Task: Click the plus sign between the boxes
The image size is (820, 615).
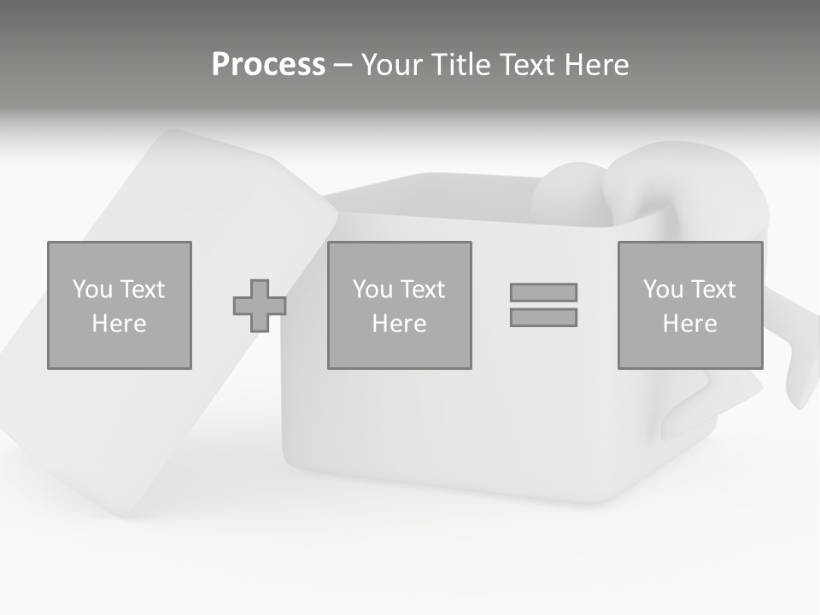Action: coord(260,306)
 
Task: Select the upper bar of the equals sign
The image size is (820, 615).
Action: coord(543,292)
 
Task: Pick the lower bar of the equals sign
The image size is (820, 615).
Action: coord(543,318)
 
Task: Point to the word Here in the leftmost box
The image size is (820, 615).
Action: coord(120,324)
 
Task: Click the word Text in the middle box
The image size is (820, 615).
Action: coord(422,290)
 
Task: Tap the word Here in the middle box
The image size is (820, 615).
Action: coord(400,324)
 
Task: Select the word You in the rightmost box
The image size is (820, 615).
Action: coord(664,290)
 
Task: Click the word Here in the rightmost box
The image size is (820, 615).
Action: coord(690,324)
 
